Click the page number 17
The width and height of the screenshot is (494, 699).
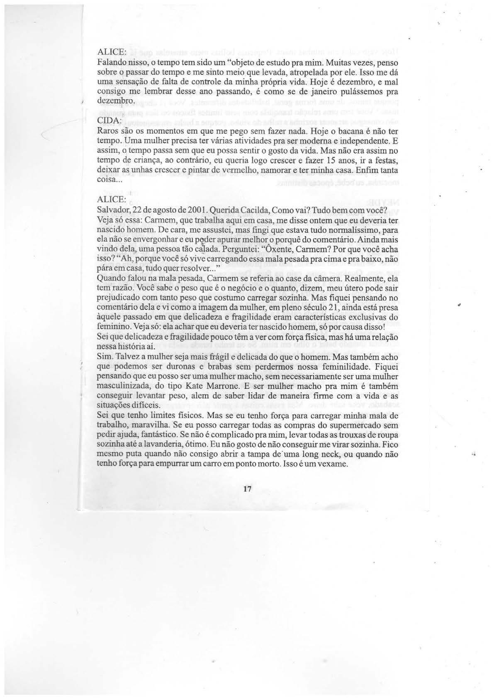click(248, 489)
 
